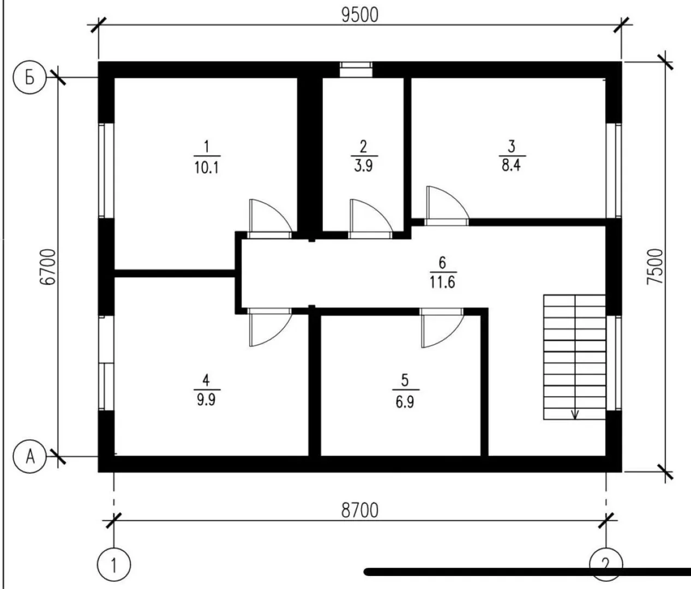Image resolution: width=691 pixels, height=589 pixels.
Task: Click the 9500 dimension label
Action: [360, 15]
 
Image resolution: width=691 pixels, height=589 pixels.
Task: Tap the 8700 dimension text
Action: [360, 510]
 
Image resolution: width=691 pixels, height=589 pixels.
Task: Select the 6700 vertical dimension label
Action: [47, 267]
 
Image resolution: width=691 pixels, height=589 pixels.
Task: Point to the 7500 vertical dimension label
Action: [655, 267]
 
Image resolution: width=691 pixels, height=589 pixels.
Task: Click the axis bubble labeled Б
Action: [30, 77]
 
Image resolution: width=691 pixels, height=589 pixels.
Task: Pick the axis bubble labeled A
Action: [30, 456]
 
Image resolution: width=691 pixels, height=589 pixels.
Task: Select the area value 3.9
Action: [364, 166]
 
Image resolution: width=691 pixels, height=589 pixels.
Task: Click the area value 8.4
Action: [511, 165]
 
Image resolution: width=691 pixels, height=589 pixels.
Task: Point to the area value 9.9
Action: [206, 400]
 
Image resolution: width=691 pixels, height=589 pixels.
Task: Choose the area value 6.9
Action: [405, 402]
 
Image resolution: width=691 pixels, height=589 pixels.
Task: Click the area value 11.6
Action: [442, 283]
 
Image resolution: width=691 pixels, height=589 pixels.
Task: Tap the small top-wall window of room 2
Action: [356, 69]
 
